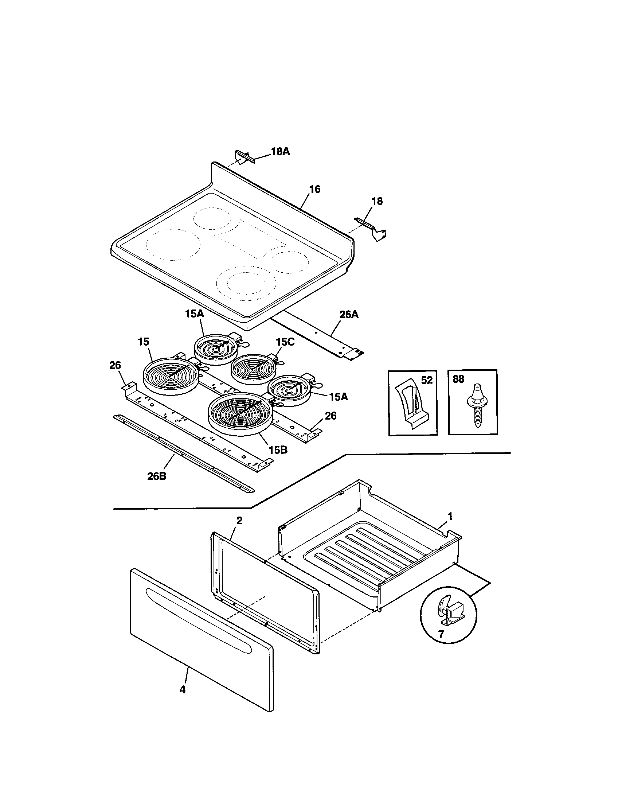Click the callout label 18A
280,151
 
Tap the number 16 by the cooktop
314,189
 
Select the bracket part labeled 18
371,228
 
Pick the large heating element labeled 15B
239,414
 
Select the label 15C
285,342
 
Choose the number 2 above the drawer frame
239,520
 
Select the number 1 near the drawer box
450,517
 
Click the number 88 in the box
458,379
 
